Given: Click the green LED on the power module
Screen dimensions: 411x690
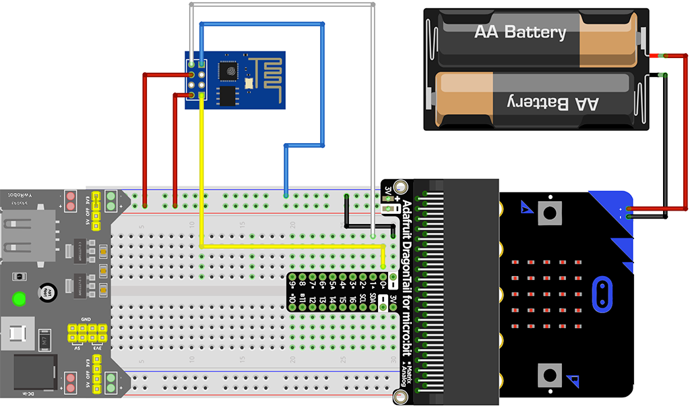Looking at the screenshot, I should tap(19, 297).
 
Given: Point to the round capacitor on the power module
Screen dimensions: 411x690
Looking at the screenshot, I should tap(46, 292).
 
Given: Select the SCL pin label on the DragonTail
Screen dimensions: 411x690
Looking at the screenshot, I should tap(363, 298).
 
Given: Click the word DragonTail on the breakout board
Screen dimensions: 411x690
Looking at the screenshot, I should tap(406, 263).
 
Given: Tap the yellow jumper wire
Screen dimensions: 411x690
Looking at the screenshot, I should tap(290, 247).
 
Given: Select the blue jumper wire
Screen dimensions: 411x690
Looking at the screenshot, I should tap(322, 88).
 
